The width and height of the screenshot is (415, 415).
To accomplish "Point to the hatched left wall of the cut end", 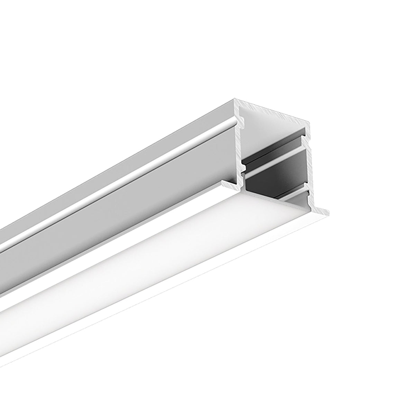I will [238, 145].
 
